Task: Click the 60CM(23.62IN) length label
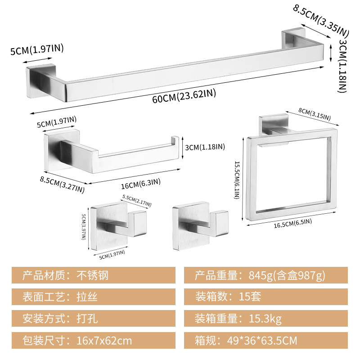(x=184, y=96)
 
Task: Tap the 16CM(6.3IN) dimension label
(x=141, y=184)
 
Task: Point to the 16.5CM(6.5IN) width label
(x=293, y=223)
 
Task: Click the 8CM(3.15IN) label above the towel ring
(x=315, y=114)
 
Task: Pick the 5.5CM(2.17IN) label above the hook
(x=137, y=201)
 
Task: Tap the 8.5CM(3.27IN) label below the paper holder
(x=62, y=184)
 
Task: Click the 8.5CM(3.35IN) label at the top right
(x=321, y=21)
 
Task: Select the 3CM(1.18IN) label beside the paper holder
(x=205, y=147)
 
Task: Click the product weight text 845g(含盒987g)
(x=287, y=275)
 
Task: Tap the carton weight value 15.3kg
(x=265, y=319)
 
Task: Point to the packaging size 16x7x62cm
(x=104, y=341)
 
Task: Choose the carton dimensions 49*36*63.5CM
(x=262, y=341)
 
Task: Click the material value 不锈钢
(x=92, y=275)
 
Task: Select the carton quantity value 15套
(x=250, y=297)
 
